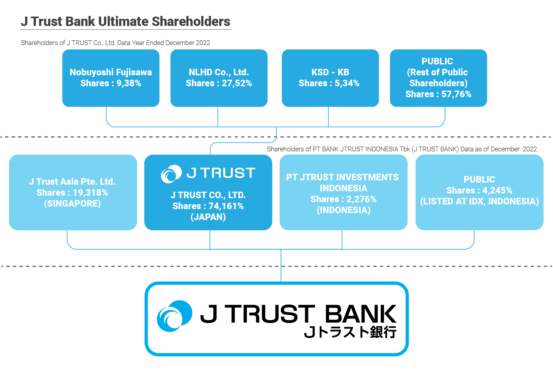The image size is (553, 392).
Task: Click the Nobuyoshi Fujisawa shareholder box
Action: coord(111,78)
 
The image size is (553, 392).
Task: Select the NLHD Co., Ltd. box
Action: coord(219,78)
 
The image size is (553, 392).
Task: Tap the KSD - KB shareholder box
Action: coord(330,78)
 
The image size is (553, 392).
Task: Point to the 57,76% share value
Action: coord(456,94)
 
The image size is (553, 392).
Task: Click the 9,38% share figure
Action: coord(129,83)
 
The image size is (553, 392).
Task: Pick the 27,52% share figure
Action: coord(237,83)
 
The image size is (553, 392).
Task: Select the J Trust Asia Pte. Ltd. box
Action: coord(73,192)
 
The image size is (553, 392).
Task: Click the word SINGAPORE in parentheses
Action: coord(73,204)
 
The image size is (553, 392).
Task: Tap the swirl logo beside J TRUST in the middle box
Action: coord(171,173)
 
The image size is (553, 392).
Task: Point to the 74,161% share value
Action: coord(226,206)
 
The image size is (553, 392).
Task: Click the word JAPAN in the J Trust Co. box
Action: coord(208,217)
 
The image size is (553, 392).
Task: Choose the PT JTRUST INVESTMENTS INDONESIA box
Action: coord(343,192)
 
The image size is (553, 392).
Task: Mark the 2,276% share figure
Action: coord(361,199)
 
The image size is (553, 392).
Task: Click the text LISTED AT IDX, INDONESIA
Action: coord(479,201)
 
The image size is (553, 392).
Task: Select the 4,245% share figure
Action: coord(497,190)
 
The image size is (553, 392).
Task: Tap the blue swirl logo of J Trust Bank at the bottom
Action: coord(174,316)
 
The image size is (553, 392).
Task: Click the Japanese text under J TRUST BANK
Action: coord(350,332)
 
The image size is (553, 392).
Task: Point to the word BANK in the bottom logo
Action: coord(361,314)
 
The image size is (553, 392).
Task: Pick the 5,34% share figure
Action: coord(347,83)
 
